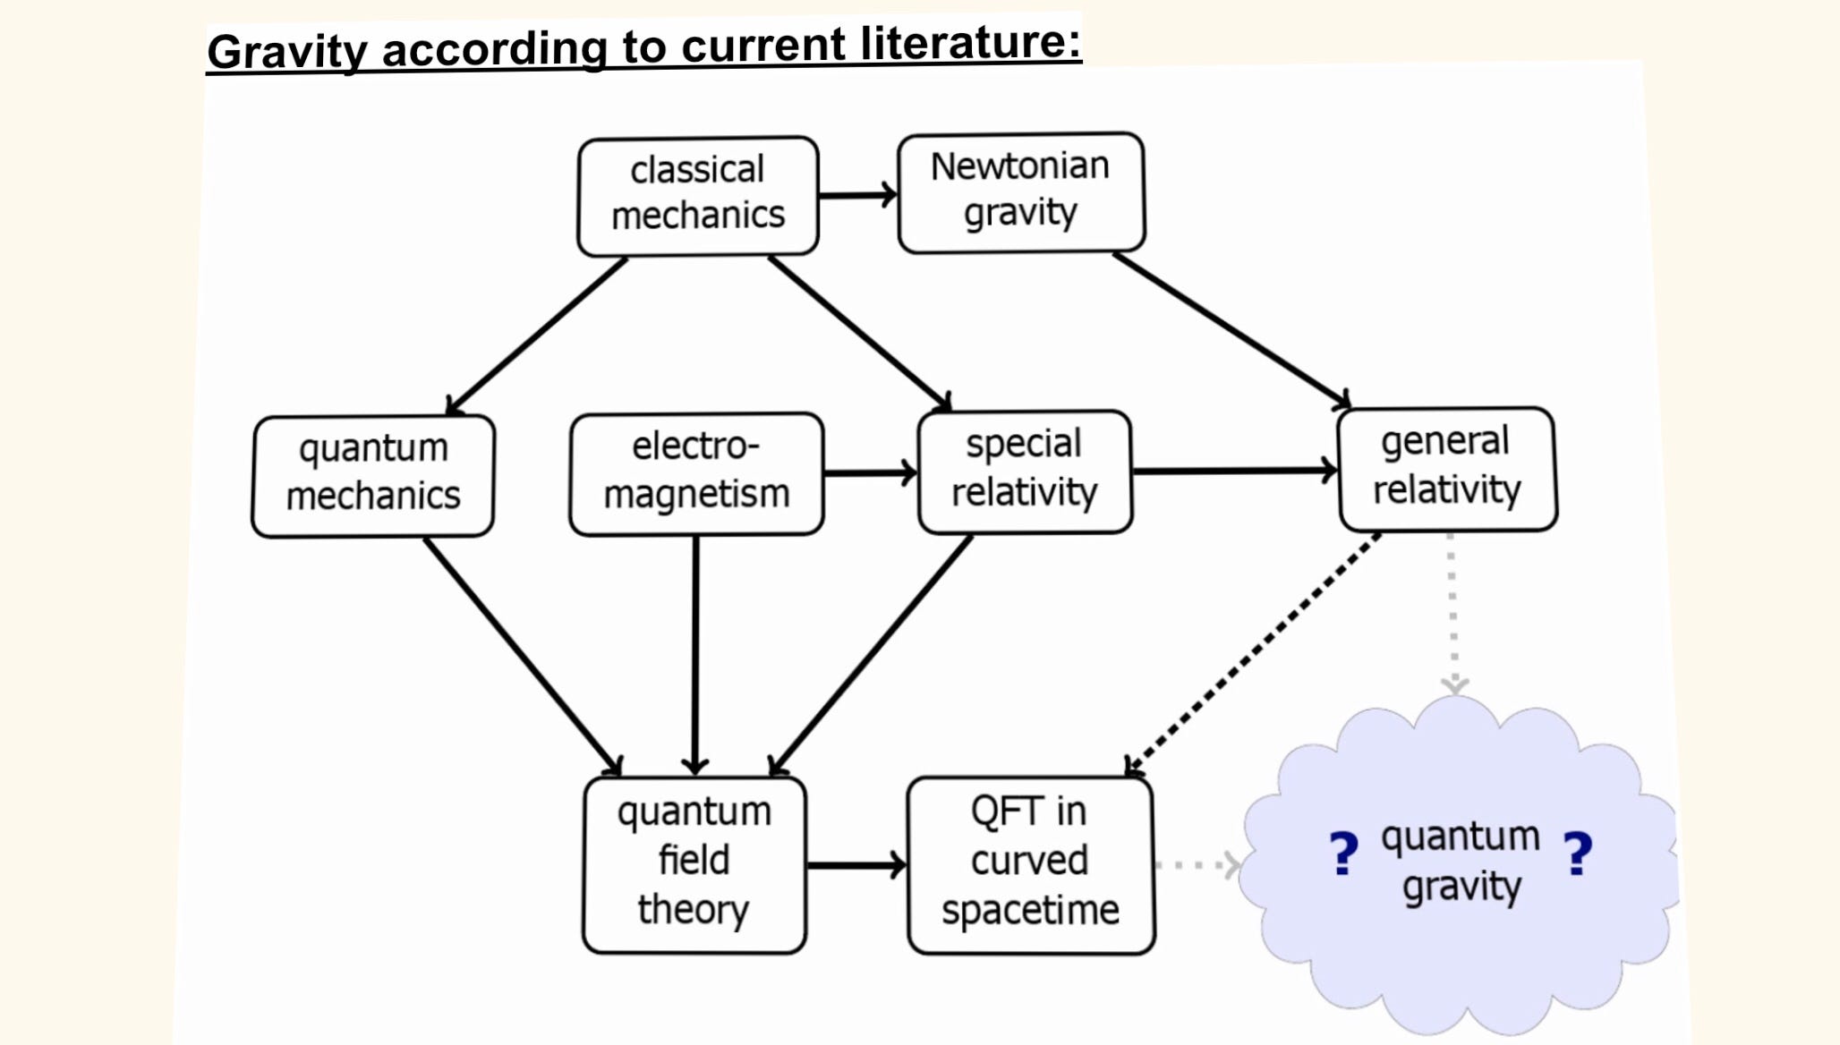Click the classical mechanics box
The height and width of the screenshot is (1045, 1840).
698,196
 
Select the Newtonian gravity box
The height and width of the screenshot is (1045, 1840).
1021,192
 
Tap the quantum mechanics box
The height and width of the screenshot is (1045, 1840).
373,476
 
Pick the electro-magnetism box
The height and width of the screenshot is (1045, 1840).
696,474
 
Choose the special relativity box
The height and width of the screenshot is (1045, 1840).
1025,472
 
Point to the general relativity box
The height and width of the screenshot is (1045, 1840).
1447,469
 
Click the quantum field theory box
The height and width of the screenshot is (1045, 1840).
694,864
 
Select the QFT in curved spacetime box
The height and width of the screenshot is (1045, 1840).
1031,864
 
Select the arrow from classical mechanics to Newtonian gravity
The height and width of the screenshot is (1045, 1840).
858,195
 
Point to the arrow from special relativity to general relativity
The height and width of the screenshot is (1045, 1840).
1235,470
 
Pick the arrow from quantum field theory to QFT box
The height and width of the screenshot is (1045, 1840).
856,865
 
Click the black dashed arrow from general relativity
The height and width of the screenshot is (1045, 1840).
1252,654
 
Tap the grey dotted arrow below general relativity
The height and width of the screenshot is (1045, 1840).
1452,613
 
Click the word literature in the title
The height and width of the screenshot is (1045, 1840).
971,41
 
